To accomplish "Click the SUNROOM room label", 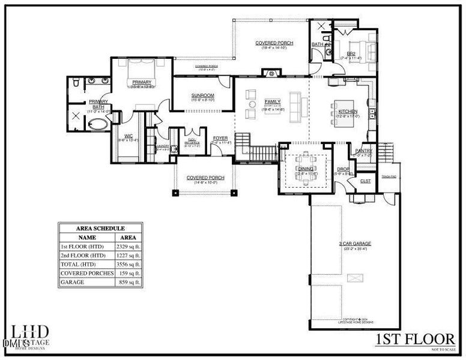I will (x=202, y=95).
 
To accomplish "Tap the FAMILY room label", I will (x=273, y=101).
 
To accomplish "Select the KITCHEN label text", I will (x=348, y=112).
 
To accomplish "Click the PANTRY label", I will (x=364, y=151).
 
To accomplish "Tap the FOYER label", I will (x=220, y=138).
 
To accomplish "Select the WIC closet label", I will (x=129, y=136).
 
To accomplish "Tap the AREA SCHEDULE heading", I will (x=100, y=229).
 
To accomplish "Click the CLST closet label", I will (x=365, y=181).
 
